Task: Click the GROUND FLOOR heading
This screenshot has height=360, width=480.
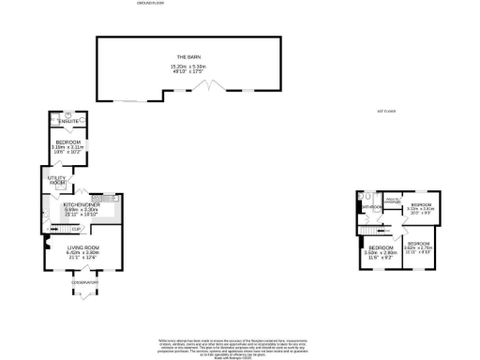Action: tap(151, 4)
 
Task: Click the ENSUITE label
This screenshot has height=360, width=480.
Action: tap(68, 122)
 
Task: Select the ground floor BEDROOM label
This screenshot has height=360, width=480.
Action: tap(68, 142)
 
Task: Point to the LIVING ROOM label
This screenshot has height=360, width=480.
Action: tap(82, 247)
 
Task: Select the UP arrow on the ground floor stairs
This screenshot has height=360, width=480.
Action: tap(63, 230)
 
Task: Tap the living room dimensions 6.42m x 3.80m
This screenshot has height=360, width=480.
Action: tap(82, 252)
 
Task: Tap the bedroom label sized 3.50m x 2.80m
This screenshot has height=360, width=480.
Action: tap(379, 250)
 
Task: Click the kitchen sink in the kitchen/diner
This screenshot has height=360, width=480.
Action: tap(107, 199)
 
